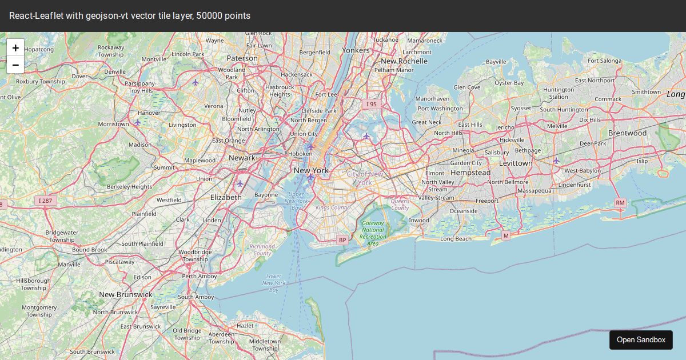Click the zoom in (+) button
tap(15, 48)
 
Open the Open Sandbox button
tap(641, 339)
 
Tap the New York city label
tap(311, 170)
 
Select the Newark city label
tap(242, 158)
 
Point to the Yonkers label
tap(356, 50)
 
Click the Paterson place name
tap(242, 58)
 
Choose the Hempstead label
tap(470, 173)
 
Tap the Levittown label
tap(516, 163)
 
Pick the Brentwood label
tap(627, 133)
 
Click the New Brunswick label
tap(126, 294)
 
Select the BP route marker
tap(342, 240)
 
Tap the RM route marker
tap(620, 203)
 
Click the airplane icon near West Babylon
tap(556, 161)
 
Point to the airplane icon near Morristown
tap(137, 122)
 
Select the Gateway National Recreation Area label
tap(373, 233)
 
